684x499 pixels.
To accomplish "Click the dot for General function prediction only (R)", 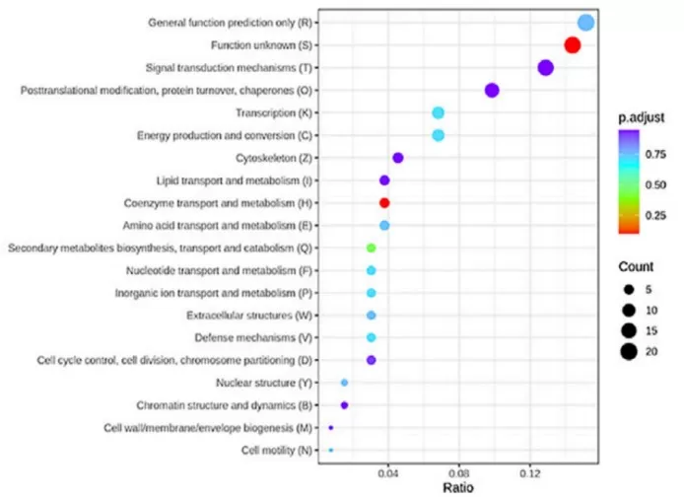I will [x=585, y=23].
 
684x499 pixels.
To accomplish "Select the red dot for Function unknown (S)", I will [x=572, y=45].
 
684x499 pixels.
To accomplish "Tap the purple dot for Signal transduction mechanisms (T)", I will [x=545, y=68].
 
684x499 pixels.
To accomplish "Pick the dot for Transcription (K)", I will [x=438, y=112].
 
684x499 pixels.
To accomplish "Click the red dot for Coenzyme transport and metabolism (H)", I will [x=384, y=203].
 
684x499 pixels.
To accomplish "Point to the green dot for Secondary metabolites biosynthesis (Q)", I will [x=371, y=248].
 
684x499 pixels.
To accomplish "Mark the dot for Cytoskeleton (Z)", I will [x=398, y=158].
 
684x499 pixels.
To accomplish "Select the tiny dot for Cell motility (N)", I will [x=331, y=450].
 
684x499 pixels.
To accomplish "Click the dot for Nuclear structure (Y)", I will [x=344, y=383].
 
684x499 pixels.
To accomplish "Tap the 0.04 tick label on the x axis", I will [x=388, y=473].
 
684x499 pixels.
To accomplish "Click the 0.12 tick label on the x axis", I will [x=530, y=473].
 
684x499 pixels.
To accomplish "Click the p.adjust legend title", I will [x=639, y=118].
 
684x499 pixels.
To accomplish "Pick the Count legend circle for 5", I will [x=627, y=289].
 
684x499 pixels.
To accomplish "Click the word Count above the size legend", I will [x=636, y=266].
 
